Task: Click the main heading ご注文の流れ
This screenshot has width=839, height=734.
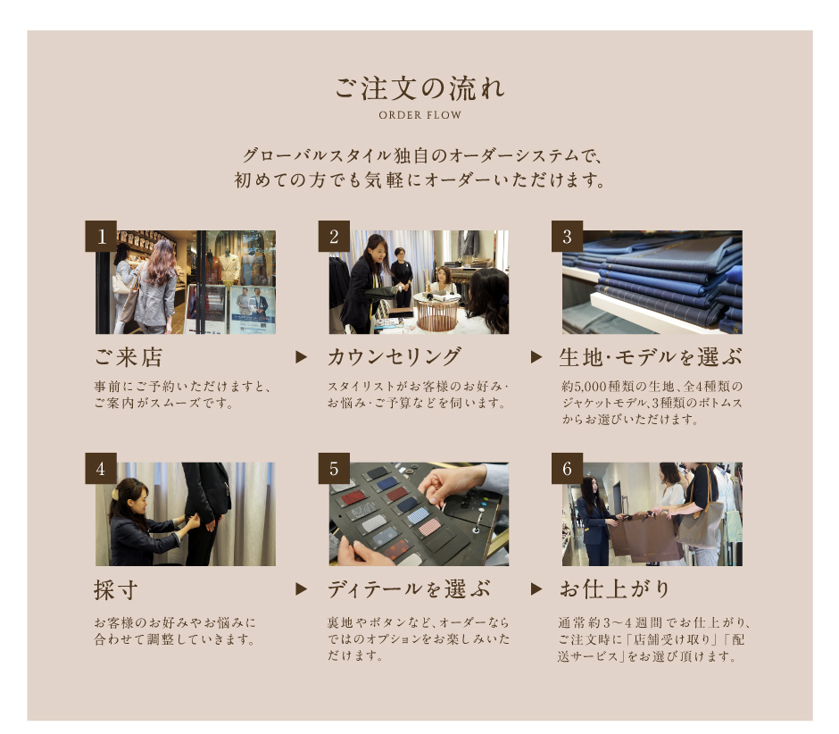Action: point(420,88)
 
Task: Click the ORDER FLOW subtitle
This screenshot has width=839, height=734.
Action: point(420,115)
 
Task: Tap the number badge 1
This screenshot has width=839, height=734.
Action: point(101,236)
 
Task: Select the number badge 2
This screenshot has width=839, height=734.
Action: point(334,236)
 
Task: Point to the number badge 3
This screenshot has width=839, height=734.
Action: point(567,236)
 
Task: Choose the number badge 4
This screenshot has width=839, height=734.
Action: point(101,469)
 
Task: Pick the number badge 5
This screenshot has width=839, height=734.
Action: point(334,469)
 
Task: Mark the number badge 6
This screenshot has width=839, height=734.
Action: point(567,469)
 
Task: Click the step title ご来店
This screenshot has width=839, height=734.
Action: point(129,357)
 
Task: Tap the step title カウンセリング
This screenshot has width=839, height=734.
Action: point(395,357)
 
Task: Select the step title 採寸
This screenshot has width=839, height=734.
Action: point(116,590)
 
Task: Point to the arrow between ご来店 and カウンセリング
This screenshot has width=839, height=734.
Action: point(302,357)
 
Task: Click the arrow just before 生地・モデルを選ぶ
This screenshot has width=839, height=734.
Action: point(536,357)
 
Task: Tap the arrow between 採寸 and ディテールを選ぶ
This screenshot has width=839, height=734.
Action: point(302,589)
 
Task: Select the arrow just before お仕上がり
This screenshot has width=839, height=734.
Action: point(536,589)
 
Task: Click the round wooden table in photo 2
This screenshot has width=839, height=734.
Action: point(436,311)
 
